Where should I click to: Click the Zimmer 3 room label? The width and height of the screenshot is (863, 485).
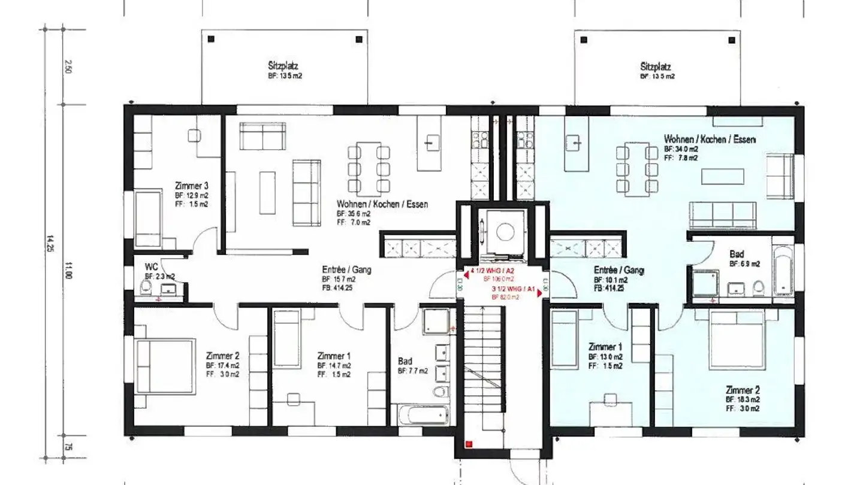pos(191,186)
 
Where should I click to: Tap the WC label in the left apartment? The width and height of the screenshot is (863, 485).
pos(151,266)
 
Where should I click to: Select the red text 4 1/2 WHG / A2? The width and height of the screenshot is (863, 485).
pos(492,271)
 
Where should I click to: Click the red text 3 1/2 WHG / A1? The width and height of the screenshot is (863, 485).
pos(513,289)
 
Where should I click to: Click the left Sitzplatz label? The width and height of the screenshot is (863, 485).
pos(283,66)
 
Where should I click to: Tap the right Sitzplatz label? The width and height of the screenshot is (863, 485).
pos(656,66)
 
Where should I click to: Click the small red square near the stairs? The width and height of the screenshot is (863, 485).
pos(469,444)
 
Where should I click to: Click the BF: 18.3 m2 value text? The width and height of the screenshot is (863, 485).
pos(743,399)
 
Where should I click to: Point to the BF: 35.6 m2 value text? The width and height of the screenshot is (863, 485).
pos(353,213)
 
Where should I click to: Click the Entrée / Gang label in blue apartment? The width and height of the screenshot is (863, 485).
pos(618,270)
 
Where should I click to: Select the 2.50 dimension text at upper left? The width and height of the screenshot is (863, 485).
pos(68,67)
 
